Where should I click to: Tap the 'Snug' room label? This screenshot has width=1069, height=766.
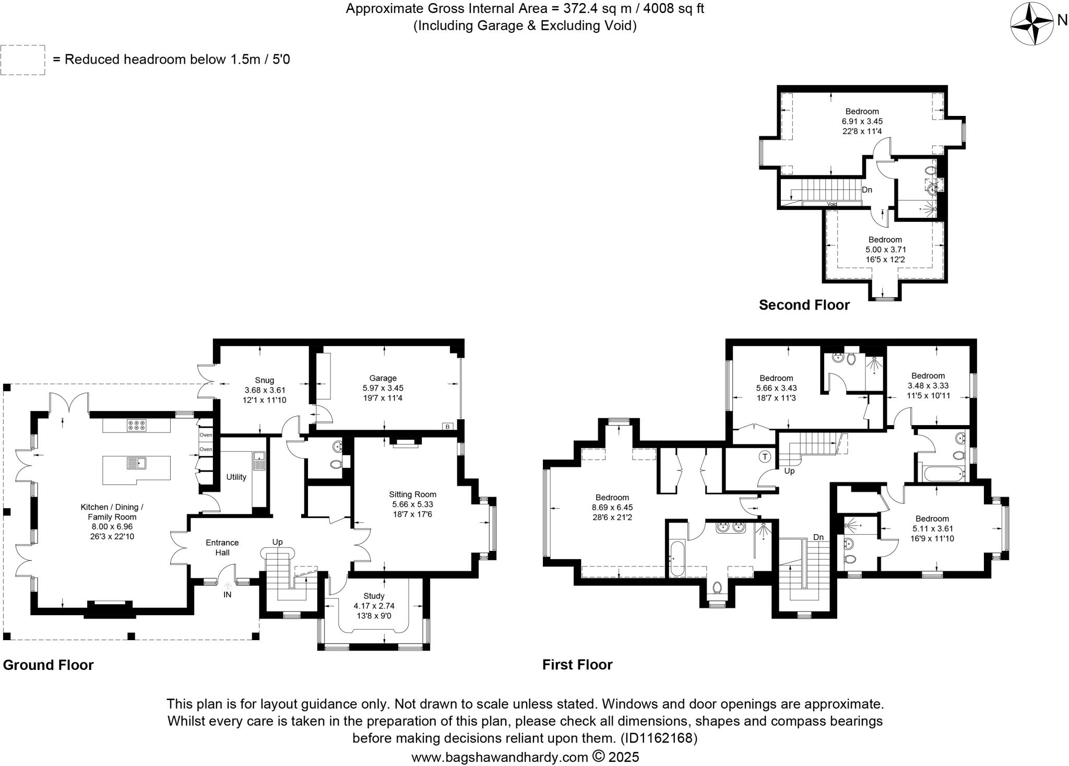[x=265, y=380]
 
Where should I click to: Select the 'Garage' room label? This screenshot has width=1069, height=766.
[x=383, y=378]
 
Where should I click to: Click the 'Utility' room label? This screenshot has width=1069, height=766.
[x=236, y=477]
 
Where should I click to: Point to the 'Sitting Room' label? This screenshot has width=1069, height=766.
[x=412, y=494]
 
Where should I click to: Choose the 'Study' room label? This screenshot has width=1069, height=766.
[x=374, y=596]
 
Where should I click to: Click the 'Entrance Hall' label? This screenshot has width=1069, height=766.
[x=222, y=547]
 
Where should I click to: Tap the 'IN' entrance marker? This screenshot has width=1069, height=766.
[x=228, y=594]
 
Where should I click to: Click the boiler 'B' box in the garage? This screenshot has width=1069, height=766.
[x=447, y=427]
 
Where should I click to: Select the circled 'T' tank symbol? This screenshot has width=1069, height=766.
[x=765, y=457]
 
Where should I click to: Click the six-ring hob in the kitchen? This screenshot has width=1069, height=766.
[x=136, y=426]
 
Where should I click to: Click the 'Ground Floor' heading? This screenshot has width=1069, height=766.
[x=49, y=665]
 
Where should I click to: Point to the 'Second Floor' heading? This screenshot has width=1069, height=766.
[x=804, y=305]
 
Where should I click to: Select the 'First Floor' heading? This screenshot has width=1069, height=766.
[x=577, y=665]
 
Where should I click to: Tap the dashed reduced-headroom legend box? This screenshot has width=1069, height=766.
[x=23, y=60]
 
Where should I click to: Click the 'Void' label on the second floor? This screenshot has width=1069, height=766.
[x=832, y=204]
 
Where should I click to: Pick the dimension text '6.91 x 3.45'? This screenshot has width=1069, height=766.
[x=862, y=121]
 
